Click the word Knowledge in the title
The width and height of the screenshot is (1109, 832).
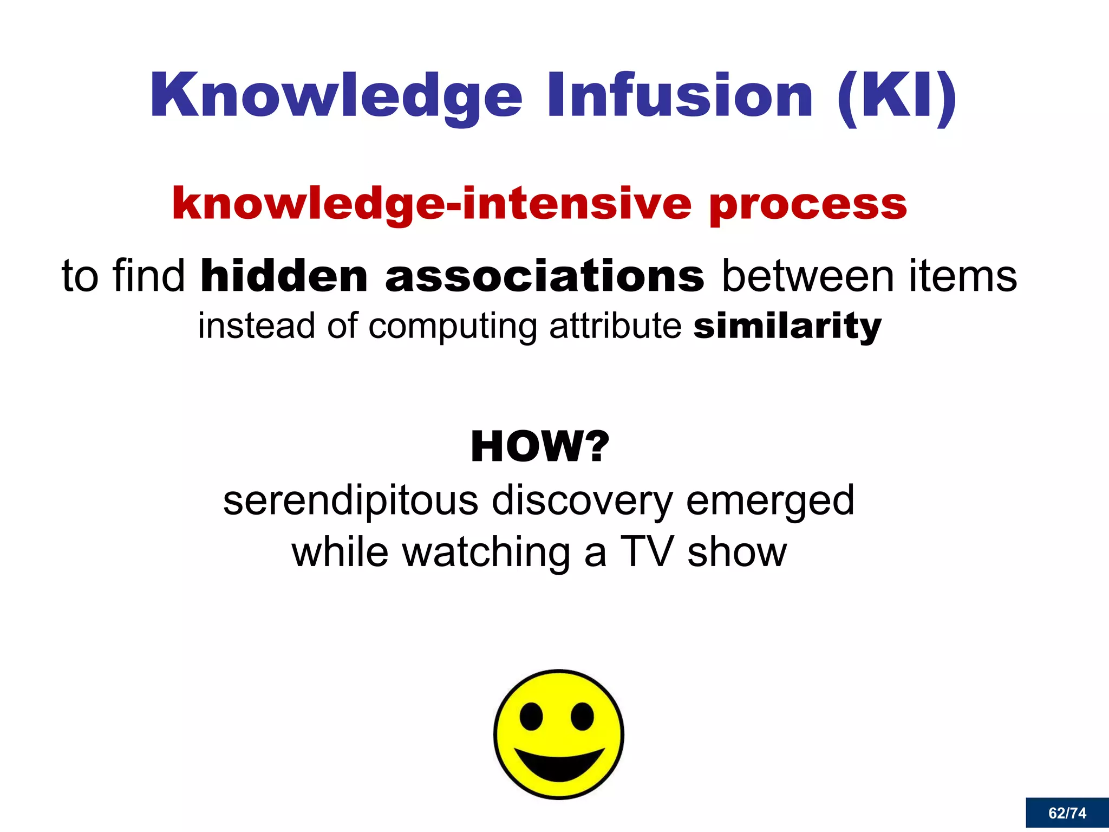coord(336,96)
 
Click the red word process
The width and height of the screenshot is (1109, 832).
coord(808,205)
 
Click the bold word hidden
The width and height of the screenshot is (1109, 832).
coord(284,276)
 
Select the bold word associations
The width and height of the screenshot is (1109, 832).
coord(545,276)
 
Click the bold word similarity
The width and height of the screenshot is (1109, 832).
coord(787,326)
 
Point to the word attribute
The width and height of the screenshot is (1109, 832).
coord(615,326)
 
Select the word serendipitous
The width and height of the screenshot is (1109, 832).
coord(351,500)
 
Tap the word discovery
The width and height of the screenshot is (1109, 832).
coord(582,502)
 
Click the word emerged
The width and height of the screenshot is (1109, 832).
coord(770,502)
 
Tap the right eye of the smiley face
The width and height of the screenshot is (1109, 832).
coord(582,717)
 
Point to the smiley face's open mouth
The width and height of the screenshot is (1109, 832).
coord(559,764)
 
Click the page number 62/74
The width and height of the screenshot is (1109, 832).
coord(1067,813)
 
